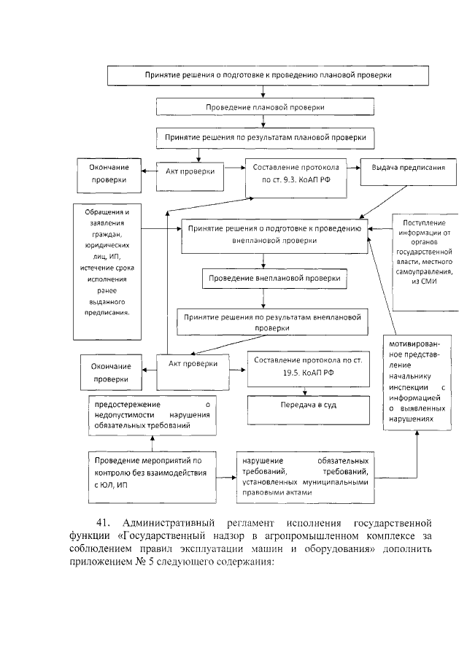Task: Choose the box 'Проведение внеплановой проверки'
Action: pyautogui.click(x=274, y=279)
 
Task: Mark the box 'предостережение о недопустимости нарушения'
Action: pyautogui.click(x=152, y=414)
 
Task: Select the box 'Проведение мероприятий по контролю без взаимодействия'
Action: pyautogui.click(x=152, y=473)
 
